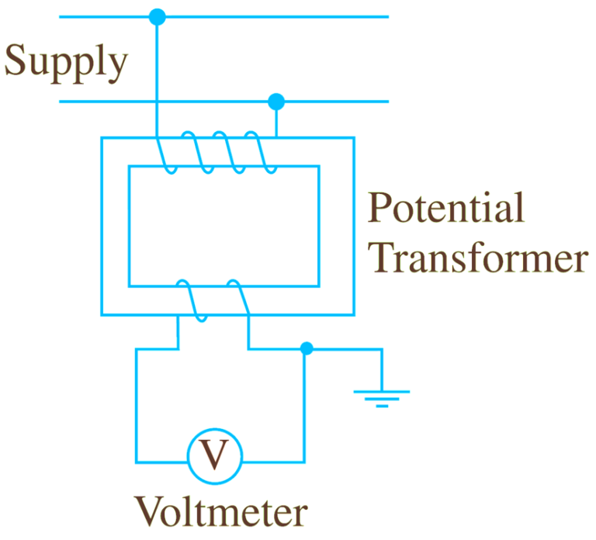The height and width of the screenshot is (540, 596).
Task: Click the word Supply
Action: click(65, 62)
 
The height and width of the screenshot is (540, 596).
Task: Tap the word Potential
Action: click(446, 210)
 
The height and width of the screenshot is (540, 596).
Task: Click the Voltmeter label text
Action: click(221, 513)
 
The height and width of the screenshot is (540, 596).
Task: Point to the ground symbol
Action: click(381, 396)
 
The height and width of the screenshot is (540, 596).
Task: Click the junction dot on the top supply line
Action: click(158, 16)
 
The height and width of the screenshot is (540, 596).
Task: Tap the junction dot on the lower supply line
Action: click(275, 102)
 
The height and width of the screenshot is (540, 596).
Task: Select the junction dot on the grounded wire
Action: click(307, 349)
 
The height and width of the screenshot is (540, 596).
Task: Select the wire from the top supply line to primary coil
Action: click(158, 78)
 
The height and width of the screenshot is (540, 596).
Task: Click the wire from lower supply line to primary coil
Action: click(276, 120)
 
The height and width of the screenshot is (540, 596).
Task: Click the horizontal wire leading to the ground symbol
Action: click(345, 350)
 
